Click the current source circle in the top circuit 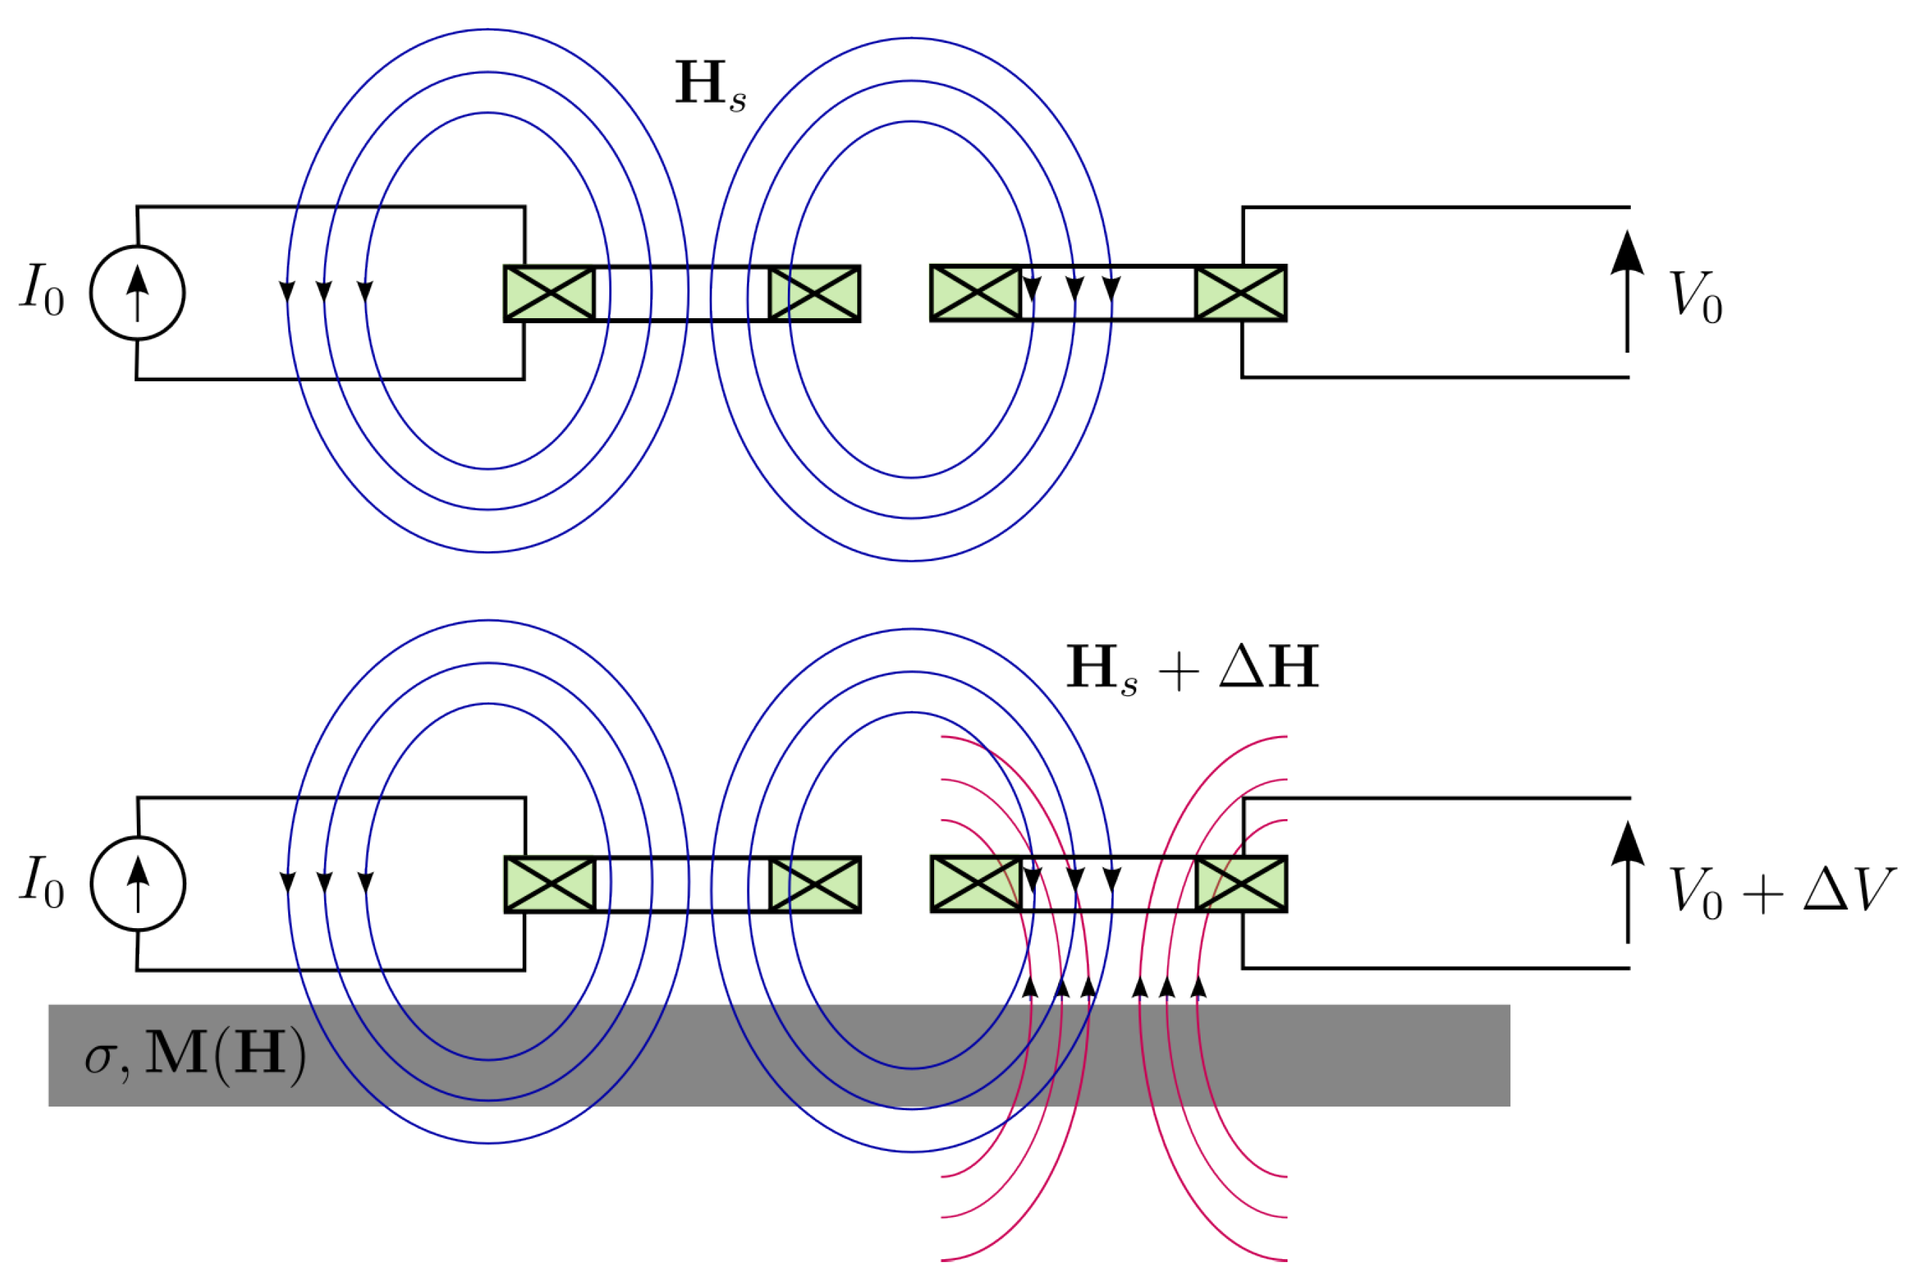(137, 292)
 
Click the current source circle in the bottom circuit (138, 883)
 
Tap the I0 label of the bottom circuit (42, 881)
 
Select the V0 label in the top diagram (1695, 297)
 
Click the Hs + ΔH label (1192, 668)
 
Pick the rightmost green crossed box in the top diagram (1240, 293)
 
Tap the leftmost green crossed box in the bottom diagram (550, 884)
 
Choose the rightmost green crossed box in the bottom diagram (1241, 884)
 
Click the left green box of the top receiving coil (976, 293)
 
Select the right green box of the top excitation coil (814, 293)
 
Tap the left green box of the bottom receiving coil (976, 884)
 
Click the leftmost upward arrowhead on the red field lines (1031, 987)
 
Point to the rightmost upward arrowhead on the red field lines (1199, 987)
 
